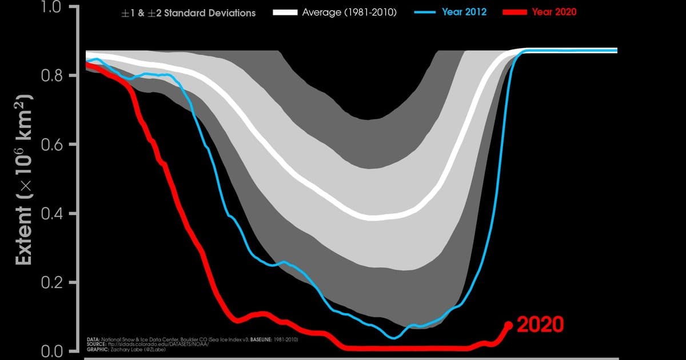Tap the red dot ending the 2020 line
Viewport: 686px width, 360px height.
coord(508,325)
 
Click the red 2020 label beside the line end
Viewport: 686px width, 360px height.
coord(540,325)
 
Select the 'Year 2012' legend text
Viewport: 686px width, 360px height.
coord(464,12)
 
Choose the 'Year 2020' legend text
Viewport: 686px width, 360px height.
coord(554,12)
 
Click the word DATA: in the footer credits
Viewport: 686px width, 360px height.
coord(93,339)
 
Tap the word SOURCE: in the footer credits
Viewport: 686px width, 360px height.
coord(96,343)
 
